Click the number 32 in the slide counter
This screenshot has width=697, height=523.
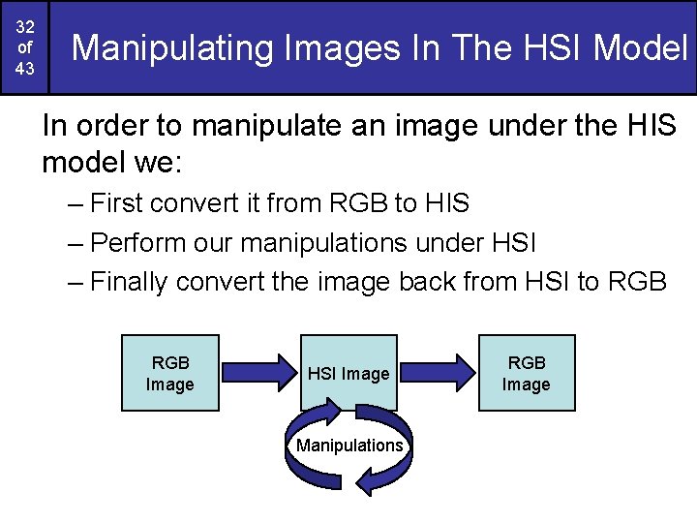[25, 26]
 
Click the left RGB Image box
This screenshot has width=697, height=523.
[170, 374]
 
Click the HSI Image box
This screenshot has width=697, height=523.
[349, 373]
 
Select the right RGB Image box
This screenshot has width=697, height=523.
[527, 374]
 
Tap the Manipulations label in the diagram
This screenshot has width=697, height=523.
[349, 446]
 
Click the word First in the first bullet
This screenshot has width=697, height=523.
[117, 203]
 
